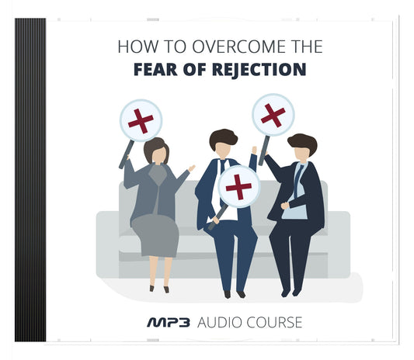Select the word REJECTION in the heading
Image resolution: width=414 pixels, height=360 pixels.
pos(261,70)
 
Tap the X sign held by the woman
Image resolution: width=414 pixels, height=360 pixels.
pos(141,120)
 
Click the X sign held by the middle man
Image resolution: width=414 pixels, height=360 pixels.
pos(238,187)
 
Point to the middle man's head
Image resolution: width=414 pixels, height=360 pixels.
pos(223,143)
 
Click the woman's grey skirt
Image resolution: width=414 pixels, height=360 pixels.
pos(155,234)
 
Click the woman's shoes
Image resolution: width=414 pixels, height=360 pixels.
pos(158,288)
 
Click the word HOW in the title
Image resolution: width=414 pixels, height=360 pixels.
pos(132,46)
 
